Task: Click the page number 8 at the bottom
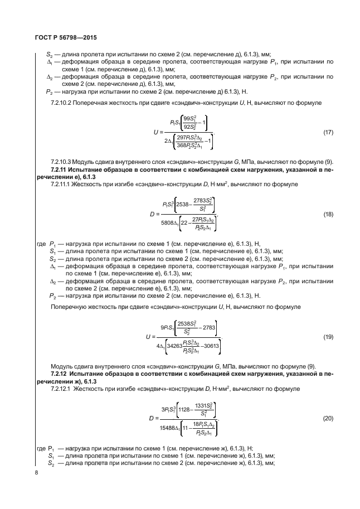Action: [x=28, y=473]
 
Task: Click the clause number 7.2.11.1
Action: [x=62, y=182]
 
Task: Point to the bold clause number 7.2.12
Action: [x=60, y=372]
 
